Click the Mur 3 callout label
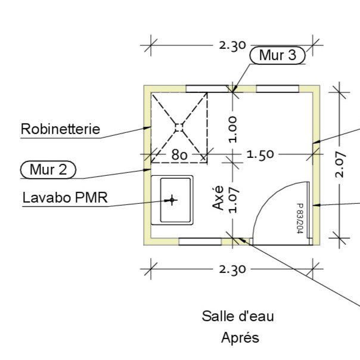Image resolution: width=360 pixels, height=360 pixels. (278, 55)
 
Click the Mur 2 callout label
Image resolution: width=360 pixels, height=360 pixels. (48, 170)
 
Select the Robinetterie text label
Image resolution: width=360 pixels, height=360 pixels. (60, 129)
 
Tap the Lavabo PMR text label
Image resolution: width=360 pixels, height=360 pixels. (65, 197)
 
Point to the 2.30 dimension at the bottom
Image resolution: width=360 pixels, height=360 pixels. (232, 269)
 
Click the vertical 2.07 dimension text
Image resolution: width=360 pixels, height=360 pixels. (340, 165)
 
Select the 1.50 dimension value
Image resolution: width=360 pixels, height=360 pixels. (260, 154)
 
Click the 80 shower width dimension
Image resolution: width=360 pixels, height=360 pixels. (180, 155)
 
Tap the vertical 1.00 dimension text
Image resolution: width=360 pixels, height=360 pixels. (232, 129)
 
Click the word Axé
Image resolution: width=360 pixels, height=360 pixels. (219, 197)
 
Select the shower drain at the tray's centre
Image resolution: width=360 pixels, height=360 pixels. (179, 126)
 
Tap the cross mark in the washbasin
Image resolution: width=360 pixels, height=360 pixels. (172, 200)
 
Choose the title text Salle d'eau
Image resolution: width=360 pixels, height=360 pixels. (238, 316)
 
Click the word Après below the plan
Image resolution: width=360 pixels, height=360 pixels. (240, 337)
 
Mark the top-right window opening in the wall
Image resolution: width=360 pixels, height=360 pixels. (277, 89)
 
